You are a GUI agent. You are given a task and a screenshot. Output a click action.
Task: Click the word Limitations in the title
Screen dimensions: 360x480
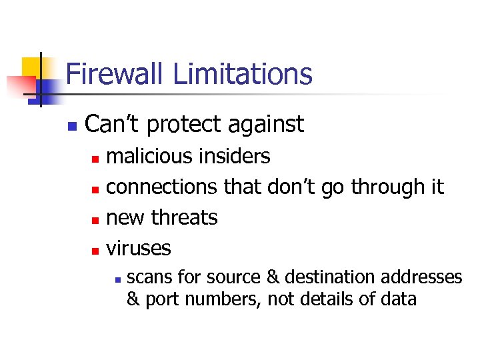pos(243,74)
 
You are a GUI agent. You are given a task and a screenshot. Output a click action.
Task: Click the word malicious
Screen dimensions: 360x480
pos(143,157)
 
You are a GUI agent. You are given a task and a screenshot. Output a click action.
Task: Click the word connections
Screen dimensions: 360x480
pos(162,187)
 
